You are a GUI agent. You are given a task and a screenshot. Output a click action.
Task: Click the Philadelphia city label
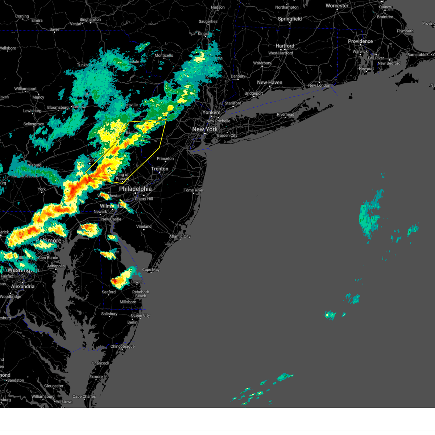135,189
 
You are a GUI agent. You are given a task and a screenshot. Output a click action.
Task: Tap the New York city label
205,129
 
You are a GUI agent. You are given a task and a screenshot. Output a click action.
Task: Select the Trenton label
159,169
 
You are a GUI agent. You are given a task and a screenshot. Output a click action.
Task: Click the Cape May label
151,270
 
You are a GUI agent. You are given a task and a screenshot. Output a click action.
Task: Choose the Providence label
360,41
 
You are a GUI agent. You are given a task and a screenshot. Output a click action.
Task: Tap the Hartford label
285,46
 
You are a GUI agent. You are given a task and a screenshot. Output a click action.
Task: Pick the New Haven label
269,83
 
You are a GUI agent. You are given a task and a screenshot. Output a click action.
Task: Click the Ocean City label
140,315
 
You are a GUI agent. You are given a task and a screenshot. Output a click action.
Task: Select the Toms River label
194,190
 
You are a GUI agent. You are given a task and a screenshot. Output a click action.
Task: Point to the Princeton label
165,159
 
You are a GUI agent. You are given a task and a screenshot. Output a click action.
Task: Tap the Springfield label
290,19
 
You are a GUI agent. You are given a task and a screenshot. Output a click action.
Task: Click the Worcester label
337,6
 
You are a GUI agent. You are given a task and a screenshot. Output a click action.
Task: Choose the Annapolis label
56,266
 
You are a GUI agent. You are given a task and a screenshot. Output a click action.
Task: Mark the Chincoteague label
122,347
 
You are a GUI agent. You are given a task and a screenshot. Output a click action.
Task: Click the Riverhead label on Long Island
285,115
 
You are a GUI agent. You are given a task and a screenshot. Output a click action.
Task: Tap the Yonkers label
211,113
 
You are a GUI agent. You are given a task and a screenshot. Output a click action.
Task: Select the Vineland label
144,227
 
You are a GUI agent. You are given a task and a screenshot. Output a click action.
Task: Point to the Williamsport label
25,89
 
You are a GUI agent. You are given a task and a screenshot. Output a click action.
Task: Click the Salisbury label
109,314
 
